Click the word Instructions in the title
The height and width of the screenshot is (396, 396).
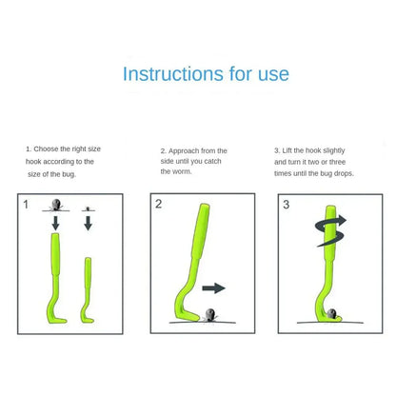pyautogui.click(x=171, y=74)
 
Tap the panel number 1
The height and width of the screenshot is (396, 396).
pyautogui.click(x=26, y=204)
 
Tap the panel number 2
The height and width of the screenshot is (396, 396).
pyautogui.click(x=159, y=204)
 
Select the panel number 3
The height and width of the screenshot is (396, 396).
pyautogui.click(x=286, y=204)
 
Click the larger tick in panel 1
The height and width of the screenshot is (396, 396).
pyautogui.click(x=56, y=203)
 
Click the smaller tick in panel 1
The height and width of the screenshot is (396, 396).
pyautogui.click(x=88, y=207)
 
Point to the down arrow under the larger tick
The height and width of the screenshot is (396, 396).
pyautogui.click(x=56, y=223)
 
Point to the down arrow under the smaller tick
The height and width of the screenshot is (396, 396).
pyautogui.click(x=88, y=223)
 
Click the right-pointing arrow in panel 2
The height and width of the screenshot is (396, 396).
pyautogui.click(x=214, y=287)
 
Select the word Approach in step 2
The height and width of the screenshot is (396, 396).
pyautogui.click(x=184, y=150)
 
